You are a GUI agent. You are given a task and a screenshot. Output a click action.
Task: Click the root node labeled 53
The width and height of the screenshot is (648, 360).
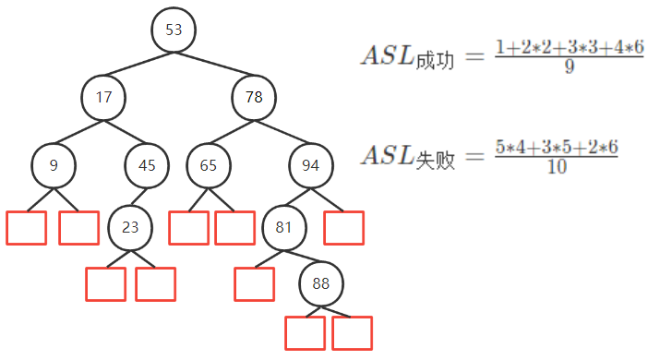pos(174,30)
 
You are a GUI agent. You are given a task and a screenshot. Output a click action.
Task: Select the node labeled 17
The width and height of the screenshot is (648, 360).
pos(103,95)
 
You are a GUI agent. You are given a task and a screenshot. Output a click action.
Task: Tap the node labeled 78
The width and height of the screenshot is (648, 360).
pos(254,95)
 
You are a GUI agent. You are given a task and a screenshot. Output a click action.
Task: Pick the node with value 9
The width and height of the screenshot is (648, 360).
pos(54,166)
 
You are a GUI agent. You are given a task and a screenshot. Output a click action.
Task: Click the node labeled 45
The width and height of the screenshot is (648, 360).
pos(148,166)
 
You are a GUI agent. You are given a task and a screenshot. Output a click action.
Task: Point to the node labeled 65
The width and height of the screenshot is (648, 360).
pos(209,166)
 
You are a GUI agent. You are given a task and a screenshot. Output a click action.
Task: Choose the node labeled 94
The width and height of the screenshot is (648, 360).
pos(311,166)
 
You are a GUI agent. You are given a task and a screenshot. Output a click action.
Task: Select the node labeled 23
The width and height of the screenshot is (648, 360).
pos(130,225)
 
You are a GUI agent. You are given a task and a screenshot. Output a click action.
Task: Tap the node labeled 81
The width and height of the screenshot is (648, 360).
pos(284,225)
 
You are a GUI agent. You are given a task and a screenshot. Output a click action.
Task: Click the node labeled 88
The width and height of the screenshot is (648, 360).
pos(320,283)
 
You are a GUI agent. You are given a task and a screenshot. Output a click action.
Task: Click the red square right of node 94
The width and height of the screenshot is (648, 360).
pos(343,228)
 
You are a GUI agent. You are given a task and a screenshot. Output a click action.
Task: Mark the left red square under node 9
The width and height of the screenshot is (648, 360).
pos(26,228)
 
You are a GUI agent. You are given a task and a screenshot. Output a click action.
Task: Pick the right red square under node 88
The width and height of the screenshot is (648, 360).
pos(352,332)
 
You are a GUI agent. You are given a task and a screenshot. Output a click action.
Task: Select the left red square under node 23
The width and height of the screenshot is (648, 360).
pos(105,283)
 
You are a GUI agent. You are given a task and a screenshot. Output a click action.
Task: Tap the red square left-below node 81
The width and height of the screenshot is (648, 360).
pos(254,283)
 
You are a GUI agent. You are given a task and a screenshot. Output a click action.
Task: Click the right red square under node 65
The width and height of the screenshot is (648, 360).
pos(234,228)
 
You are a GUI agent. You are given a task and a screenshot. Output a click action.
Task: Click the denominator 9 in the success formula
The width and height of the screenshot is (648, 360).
pos(568,66)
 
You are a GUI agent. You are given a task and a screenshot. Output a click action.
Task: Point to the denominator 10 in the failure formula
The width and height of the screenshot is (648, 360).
pos(557,166)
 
